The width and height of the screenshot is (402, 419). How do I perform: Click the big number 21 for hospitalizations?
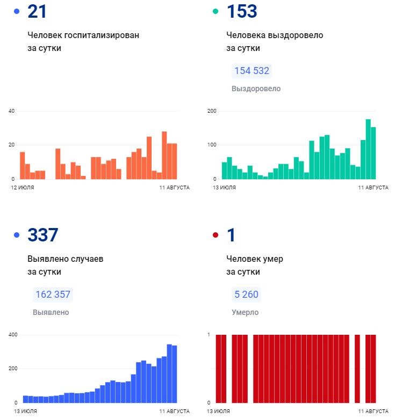tap(37, 11)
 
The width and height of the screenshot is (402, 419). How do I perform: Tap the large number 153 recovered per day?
tap(242, 11)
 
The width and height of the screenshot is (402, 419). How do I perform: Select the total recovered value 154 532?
tap(251, 71)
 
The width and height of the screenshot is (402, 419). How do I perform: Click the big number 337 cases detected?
tap(42, 235)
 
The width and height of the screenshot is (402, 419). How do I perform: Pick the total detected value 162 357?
tap(52, 295)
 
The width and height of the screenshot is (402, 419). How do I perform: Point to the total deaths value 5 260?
tap(246, 295)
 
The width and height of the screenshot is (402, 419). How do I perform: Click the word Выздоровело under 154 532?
tap(256, 89)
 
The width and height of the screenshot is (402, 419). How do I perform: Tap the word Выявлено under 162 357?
tap(51, 312)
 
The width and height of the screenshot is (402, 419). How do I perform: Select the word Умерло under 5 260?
tap(245, 312)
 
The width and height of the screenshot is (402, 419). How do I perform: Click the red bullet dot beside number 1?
tap(216, 235)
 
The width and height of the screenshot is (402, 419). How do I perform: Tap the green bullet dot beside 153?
tap(216, 11)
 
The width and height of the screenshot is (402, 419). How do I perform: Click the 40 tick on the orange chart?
tap(11, 111)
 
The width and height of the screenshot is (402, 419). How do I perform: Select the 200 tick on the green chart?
tap(211, 111)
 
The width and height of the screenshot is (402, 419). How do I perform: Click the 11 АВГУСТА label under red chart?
tap(373, 411)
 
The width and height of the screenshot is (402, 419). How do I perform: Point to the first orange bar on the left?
tap(23, 166)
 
